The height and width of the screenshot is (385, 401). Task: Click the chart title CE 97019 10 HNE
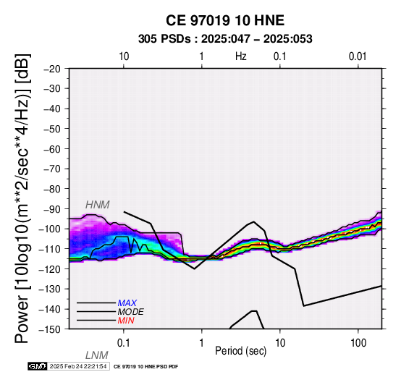point(225,20)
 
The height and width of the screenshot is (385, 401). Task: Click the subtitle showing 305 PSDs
point(225,39)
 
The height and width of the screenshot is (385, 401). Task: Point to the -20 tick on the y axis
point(52,69)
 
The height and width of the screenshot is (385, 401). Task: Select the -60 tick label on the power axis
point(52,149)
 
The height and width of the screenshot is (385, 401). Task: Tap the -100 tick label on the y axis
point(50,229)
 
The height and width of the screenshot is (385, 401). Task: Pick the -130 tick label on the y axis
point(50,289)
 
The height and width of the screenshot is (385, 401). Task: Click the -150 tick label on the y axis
point(50,329)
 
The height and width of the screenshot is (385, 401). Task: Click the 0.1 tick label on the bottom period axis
point(123,343)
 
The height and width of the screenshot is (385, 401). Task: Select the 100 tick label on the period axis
point(358,343)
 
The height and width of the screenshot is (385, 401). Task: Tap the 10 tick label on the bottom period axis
point(280,343)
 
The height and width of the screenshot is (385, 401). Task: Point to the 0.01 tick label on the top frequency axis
point(358,56)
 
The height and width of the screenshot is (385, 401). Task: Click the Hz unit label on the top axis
point(241,56)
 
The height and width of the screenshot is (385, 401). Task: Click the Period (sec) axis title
point(240,351)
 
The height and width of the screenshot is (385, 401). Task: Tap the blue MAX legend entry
point(127,303)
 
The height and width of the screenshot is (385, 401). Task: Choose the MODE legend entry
point(131,312)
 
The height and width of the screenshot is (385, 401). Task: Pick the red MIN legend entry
point(126,321)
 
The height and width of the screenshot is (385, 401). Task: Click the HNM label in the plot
point(98,205)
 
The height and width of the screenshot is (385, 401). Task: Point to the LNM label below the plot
point(97,355)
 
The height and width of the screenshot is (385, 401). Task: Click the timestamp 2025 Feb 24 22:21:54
point(78,366)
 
